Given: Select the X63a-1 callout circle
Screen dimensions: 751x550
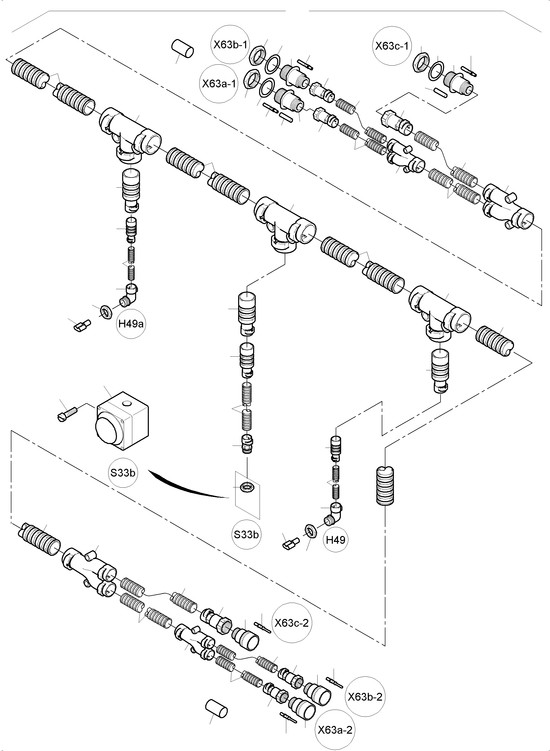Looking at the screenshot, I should click(x=219, y=83).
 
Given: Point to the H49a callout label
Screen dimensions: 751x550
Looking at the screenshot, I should click(x=131, y=324).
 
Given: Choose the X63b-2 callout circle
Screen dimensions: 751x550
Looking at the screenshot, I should click(x=365, y=696).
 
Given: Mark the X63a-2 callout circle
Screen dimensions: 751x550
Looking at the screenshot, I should click(x=335, y=730).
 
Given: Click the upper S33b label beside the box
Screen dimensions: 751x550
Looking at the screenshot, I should click(x=123, y=472).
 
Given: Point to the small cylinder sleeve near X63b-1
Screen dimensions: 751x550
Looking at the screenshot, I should click(x=182, y=49).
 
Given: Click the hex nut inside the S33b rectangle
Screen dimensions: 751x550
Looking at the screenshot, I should click(x=247, y=487).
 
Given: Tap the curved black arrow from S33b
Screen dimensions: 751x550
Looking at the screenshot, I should click(x=186, y=488).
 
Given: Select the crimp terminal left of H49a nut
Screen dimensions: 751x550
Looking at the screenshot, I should click(x=82, y=325).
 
